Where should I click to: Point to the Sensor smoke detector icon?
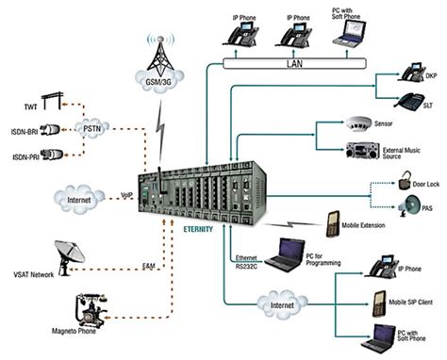(357, 124)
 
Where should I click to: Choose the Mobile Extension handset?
(333, 224)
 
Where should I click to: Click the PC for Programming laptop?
(289, 254)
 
